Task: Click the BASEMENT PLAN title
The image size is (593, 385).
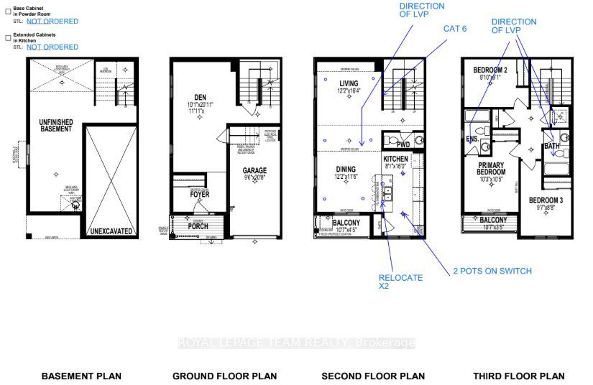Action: click(x=81, y=376)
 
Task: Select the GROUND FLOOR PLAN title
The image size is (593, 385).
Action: click(x=224, y=376)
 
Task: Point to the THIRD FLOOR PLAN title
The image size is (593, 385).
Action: click(x=518, y=376)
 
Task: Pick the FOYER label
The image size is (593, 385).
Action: click(x=199, y=193)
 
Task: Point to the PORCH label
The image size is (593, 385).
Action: click(x=198, y=226)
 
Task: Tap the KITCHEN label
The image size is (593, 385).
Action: click(x=395, y=157)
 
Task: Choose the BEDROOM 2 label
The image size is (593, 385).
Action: click(x=492, y=70)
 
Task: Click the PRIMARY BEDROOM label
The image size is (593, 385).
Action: click(x=492, y=168)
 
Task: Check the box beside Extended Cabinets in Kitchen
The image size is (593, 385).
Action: click(x=8, y=37)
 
